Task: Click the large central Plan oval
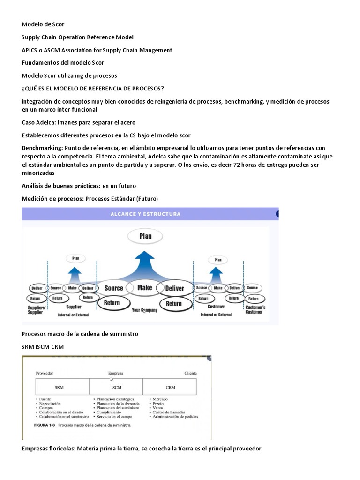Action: [145, 237]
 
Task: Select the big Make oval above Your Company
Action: [144, 287]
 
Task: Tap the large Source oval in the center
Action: [113, 288]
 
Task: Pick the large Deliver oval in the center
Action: [174, 288]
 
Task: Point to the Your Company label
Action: [144, 310]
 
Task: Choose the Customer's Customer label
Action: [255, 309]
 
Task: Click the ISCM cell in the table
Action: [115, 387]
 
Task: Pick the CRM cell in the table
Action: [170, 387]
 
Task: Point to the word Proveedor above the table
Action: [45, 373]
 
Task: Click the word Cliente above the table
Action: [190, 373]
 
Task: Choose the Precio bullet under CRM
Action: [157, 403]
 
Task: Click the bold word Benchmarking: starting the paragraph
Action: [44, 148]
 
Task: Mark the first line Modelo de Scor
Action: [43, 24]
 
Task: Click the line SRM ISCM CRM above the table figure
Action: [43, 346]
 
